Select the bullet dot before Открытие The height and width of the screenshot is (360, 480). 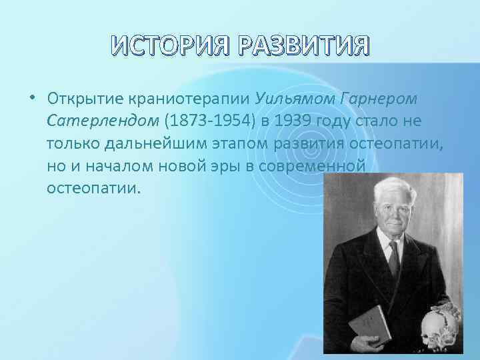pyautogui.click(x=32, y=99)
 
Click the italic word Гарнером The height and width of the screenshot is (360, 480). pyautogui.click(x=379, y=99)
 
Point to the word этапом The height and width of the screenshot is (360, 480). pyautogui.click(x=245, y=143)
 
